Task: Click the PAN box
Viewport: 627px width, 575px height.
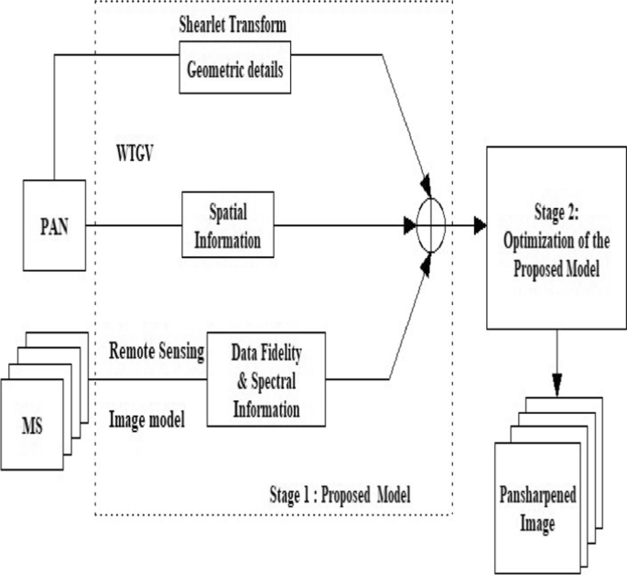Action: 54,224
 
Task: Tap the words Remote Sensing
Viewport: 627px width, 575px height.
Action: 155,352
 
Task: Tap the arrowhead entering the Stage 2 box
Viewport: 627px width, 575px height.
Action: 480,224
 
